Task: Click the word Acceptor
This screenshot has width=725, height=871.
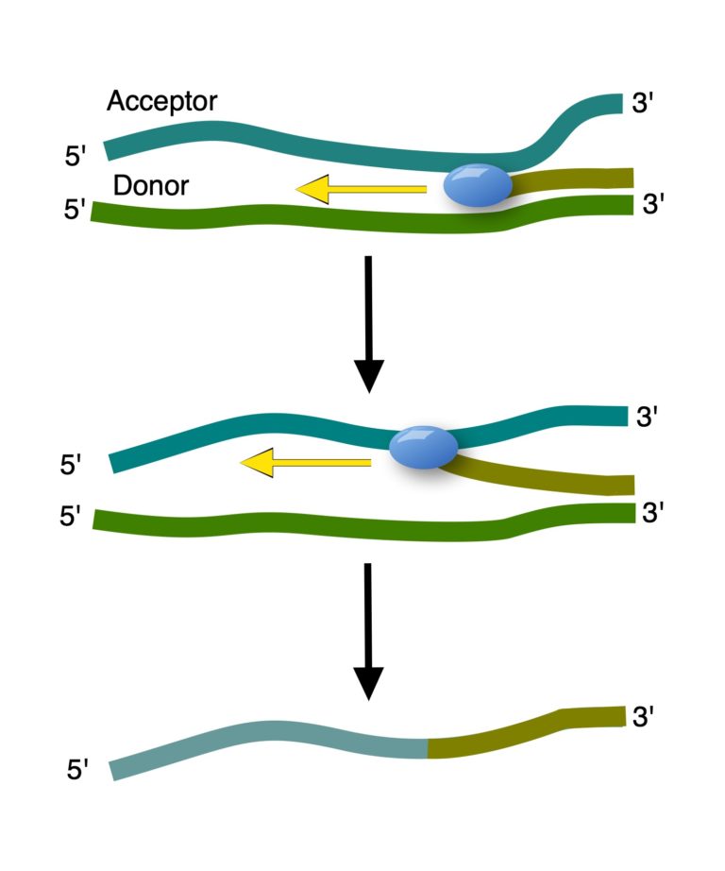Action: pos(161,101)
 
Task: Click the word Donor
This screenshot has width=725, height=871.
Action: pos(150,186)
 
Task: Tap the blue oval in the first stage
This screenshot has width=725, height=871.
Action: pos(478,185)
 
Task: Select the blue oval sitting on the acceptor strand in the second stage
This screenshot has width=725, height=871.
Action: pos(423,446)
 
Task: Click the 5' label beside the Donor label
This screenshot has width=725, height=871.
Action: pos(76,209)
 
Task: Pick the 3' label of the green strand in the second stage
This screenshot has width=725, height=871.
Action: pos(653,513)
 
